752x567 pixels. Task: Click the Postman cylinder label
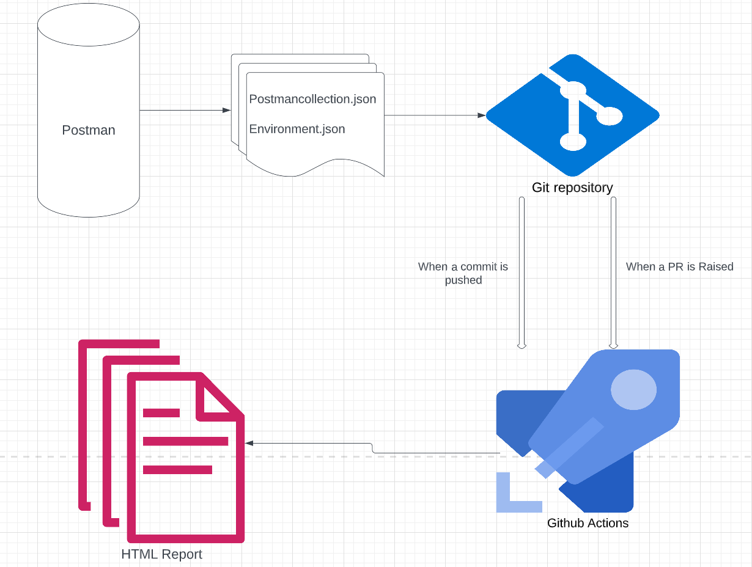point(89,130)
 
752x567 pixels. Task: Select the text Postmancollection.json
point(312,99)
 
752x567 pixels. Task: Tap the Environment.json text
point(297,129)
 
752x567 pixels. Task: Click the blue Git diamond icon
point(572,114)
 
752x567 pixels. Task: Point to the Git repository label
point(572,188)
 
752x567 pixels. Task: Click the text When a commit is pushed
point(463,273)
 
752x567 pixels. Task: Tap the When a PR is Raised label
point(679,266)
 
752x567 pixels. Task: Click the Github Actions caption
point(588,523)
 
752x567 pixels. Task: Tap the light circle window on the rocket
point(633,389)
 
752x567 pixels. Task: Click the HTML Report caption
point(161,555)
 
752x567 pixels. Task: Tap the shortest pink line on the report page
point(161,413)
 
